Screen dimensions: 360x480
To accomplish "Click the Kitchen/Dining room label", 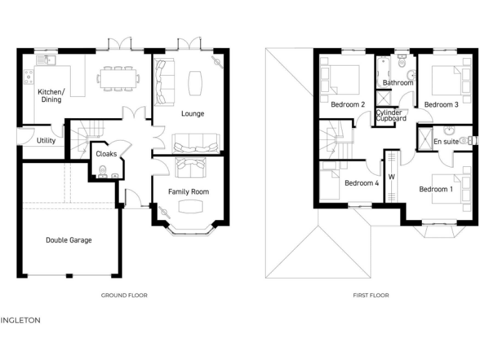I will (51, 95).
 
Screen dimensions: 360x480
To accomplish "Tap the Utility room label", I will (46, 141).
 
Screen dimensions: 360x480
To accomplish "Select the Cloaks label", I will (106, 154).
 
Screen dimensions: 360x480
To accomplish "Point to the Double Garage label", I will (69, 239).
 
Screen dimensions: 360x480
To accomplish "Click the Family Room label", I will (188, 191).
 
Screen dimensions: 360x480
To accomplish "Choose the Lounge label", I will (192, 113).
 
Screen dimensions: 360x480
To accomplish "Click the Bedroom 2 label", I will (347, 104).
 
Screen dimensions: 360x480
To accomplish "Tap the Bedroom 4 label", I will (361, 183).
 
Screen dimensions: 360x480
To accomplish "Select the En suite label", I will (446, 142).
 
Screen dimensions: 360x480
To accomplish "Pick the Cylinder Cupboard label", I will (391, 116).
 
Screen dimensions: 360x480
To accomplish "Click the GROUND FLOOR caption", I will (124, 295).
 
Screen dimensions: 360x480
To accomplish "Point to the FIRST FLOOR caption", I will (370, 295).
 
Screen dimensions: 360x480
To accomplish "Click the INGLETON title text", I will (21, 320).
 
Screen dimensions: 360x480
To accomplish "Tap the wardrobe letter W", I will (392, 176).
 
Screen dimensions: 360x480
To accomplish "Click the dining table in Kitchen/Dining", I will (117, 78).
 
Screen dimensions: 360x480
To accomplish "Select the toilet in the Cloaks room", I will (103, 171).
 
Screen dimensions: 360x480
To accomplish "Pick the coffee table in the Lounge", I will (194, 82).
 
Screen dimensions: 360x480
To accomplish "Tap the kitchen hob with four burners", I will (29, 77).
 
